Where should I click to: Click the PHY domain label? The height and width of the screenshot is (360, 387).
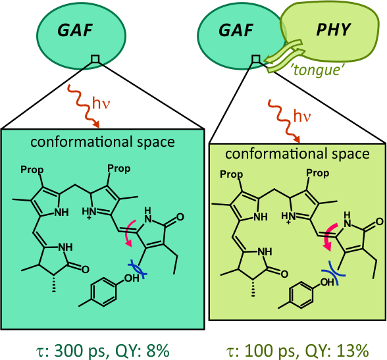click(333, 30)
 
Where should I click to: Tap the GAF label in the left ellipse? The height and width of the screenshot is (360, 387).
click(75, 30)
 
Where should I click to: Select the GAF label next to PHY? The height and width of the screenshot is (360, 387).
click(236, 30)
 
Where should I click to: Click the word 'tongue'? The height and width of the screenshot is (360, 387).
click(319, 69)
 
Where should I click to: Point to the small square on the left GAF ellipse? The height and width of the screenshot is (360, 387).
click(95, 59)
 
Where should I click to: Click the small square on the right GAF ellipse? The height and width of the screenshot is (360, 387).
click(256, 59)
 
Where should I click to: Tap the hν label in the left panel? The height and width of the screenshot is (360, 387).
click(101, 103)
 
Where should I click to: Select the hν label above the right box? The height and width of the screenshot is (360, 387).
click(302, 116)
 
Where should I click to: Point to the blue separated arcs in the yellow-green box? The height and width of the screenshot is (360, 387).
click(333, 272)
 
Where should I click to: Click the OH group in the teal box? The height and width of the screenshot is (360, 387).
click(132, 278)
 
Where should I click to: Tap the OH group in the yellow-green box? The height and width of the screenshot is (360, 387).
click(327, 282)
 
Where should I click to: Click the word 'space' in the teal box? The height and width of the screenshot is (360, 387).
click(156, 143)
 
